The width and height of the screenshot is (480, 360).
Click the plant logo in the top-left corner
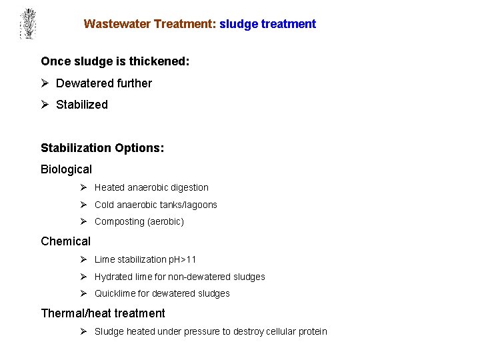click(x=27, y=24)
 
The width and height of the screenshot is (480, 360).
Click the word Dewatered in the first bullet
click(x=83, y=83)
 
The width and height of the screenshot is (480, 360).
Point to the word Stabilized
click(x=82, y=105)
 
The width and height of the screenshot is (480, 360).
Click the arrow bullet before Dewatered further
click(x=45, y=83)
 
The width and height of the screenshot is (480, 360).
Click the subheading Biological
click(x=66, y=169)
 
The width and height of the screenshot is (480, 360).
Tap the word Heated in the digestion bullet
click(x=110, y=188)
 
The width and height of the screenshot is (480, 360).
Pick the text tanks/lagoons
click(x=190, y=205)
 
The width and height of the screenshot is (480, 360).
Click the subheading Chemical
click(x=65, y=241)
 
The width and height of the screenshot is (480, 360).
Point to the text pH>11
click(x=183, y=259)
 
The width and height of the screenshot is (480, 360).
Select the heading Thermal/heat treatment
click(x=103, y=313)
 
